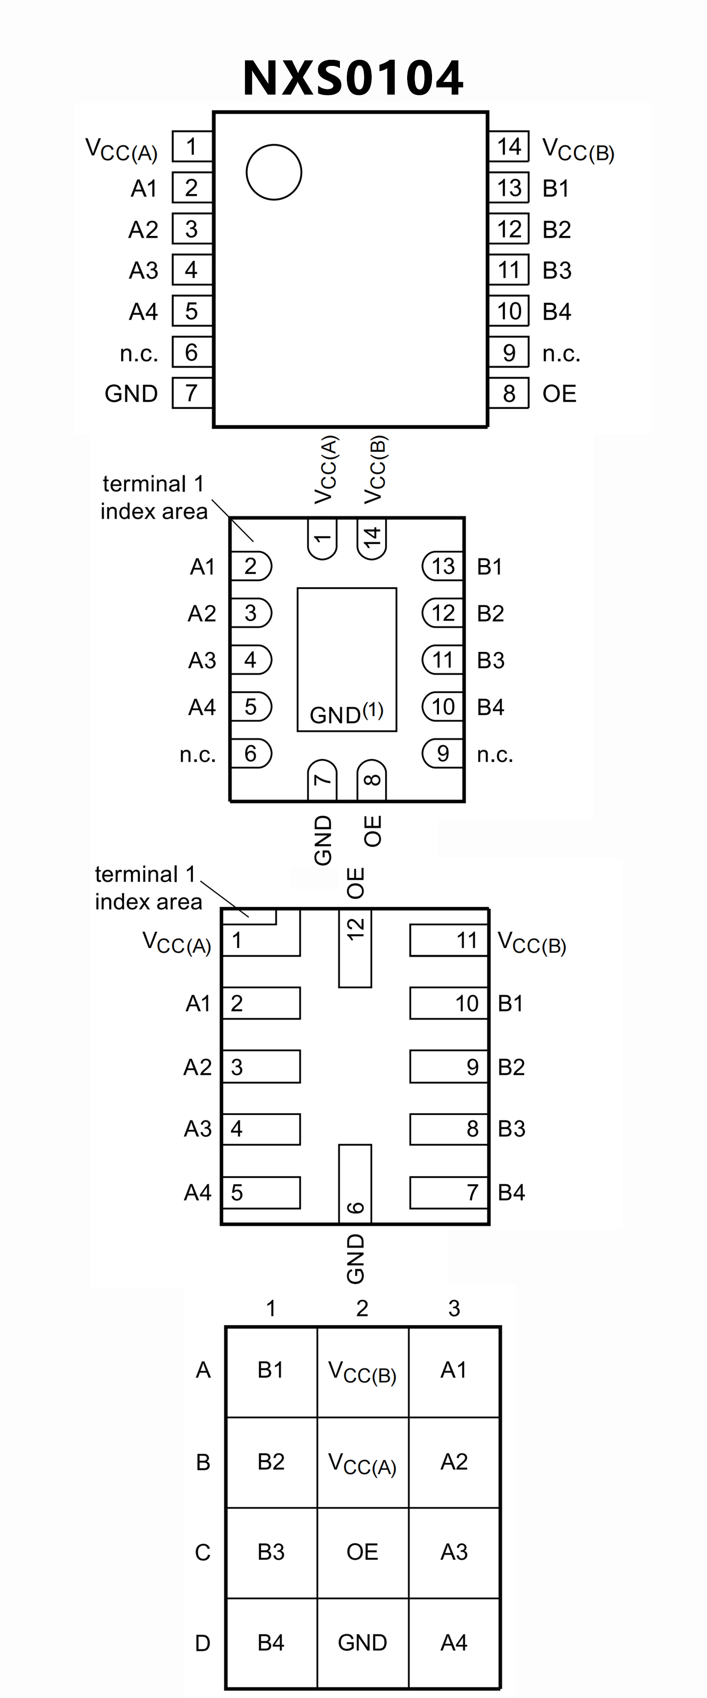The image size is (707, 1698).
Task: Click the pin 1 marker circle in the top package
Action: click(274, 172)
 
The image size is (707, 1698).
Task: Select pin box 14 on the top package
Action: click(508, 147)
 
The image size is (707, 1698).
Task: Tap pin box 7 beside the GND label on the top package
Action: click(192, 393)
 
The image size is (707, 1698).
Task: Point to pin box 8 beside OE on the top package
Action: click(508, 393)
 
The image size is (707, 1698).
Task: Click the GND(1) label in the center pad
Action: click(346, 713)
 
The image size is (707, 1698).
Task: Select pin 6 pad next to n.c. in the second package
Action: click(251, 753)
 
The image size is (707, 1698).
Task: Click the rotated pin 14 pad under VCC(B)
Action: click(372, 538)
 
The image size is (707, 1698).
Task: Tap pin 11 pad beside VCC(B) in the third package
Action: click(449, 940)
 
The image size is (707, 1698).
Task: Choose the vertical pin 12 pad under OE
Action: click(355, 947)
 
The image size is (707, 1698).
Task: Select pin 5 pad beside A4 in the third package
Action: click(261, 1193)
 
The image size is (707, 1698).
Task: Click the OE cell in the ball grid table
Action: click(362, 1551)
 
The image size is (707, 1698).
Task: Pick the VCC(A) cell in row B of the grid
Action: click(362, 1462)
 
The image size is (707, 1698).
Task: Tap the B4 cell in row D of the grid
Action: click(271, 1642)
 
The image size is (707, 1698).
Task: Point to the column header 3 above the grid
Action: click(454, 1308)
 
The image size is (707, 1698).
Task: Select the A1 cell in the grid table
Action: click(454, 1370)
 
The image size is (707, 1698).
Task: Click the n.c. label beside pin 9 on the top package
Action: click(561, 354)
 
